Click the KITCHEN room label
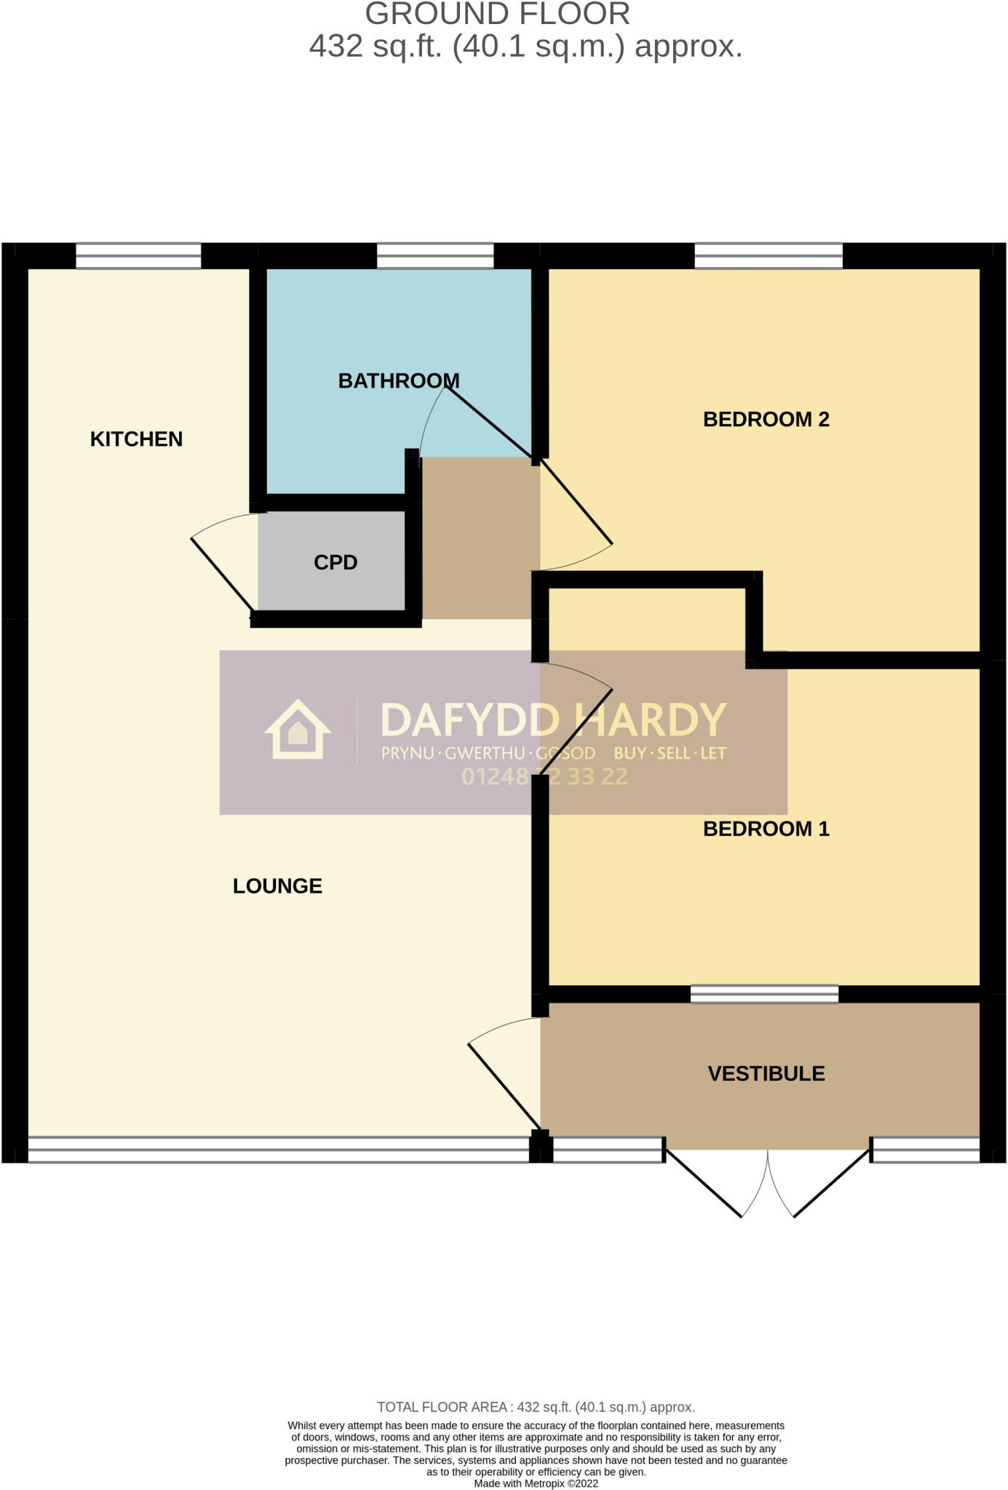pos(136,439)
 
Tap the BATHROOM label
pos(399,381)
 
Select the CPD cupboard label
pos(336,562)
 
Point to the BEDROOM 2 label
pos(766,419)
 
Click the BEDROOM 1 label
pos(766,829)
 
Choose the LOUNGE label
pos(277,885)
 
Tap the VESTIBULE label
pos(766,1074)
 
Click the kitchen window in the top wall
pos(138,256)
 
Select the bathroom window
pos(435,256)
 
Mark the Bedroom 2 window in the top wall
pos(769,256)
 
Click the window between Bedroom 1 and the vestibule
pos(764,994)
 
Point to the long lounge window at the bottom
pos(278,1150)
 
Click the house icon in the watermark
pos(298,730)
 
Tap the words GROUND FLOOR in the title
pos(497,15)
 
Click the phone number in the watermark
pos(544,777)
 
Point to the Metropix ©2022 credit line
pos(536,1483)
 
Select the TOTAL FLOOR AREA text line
pos(536,1407)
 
